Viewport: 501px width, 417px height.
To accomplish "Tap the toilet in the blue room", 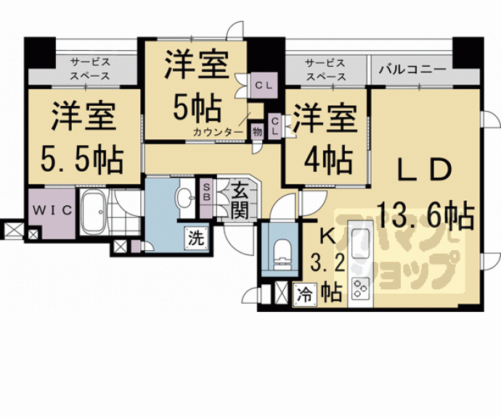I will [x=281, y=252].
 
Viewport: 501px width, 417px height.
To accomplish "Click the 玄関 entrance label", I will [x=240, y=201].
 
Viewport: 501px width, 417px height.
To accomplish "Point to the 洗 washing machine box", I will [x=195, y=236].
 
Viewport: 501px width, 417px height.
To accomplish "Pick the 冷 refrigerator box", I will [x=305, y=296].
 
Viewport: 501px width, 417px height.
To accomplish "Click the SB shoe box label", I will [x=207, y=192].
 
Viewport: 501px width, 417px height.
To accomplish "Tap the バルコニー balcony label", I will [x=412, y=70].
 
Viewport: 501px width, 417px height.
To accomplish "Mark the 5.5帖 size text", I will [x=81, y=157].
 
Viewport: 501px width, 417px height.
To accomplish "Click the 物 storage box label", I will [x=257, y=131].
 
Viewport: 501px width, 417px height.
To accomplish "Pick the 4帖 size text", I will [x=326, y=157].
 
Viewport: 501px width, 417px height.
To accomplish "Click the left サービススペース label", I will [x=90, y=69].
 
